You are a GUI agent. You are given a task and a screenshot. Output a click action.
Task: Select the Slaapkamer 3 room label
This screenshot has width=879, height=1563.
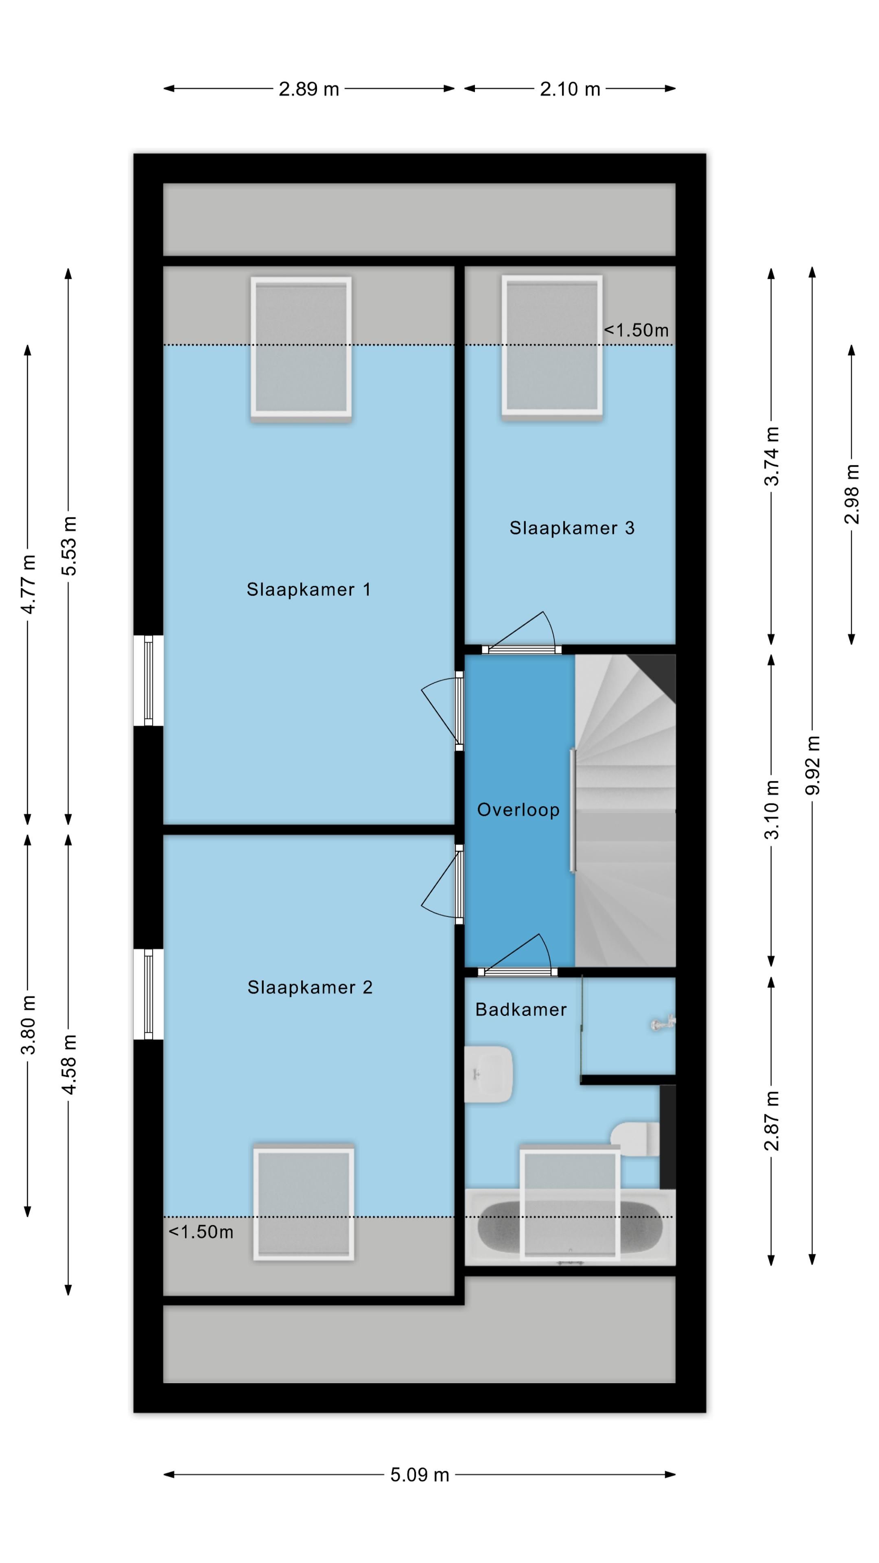(571, 528)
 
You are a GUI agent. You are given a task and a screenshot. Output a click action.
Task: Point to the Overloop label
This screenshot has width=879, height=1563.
(518, 810)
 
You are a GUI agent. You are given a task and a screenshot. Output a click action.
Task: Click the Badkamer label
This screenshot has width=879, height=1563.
(520, 1009)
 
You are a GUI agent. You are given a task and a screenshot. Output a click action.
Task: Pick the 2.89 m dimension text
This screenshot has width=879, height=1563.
(309, 89)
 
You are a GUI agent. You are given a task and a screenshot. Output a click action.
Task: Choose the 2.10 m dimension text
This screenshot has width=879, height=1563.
(570, 89)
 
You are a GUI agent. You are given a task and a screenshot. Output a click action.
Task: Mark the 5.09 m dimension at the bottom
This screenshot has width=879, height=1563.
(420, 1475)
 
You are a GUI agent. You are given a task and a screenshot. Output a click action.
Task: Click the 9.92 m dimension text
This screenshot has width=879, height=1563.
(812, 765)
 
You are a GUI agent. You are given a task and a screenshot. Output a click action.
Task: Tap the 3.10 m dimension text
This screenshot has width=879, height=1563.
(772, 810)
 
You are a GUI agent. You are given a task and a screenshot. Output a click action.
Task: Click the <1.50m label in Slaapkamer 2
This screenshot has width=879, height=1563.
(201, 1232)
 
